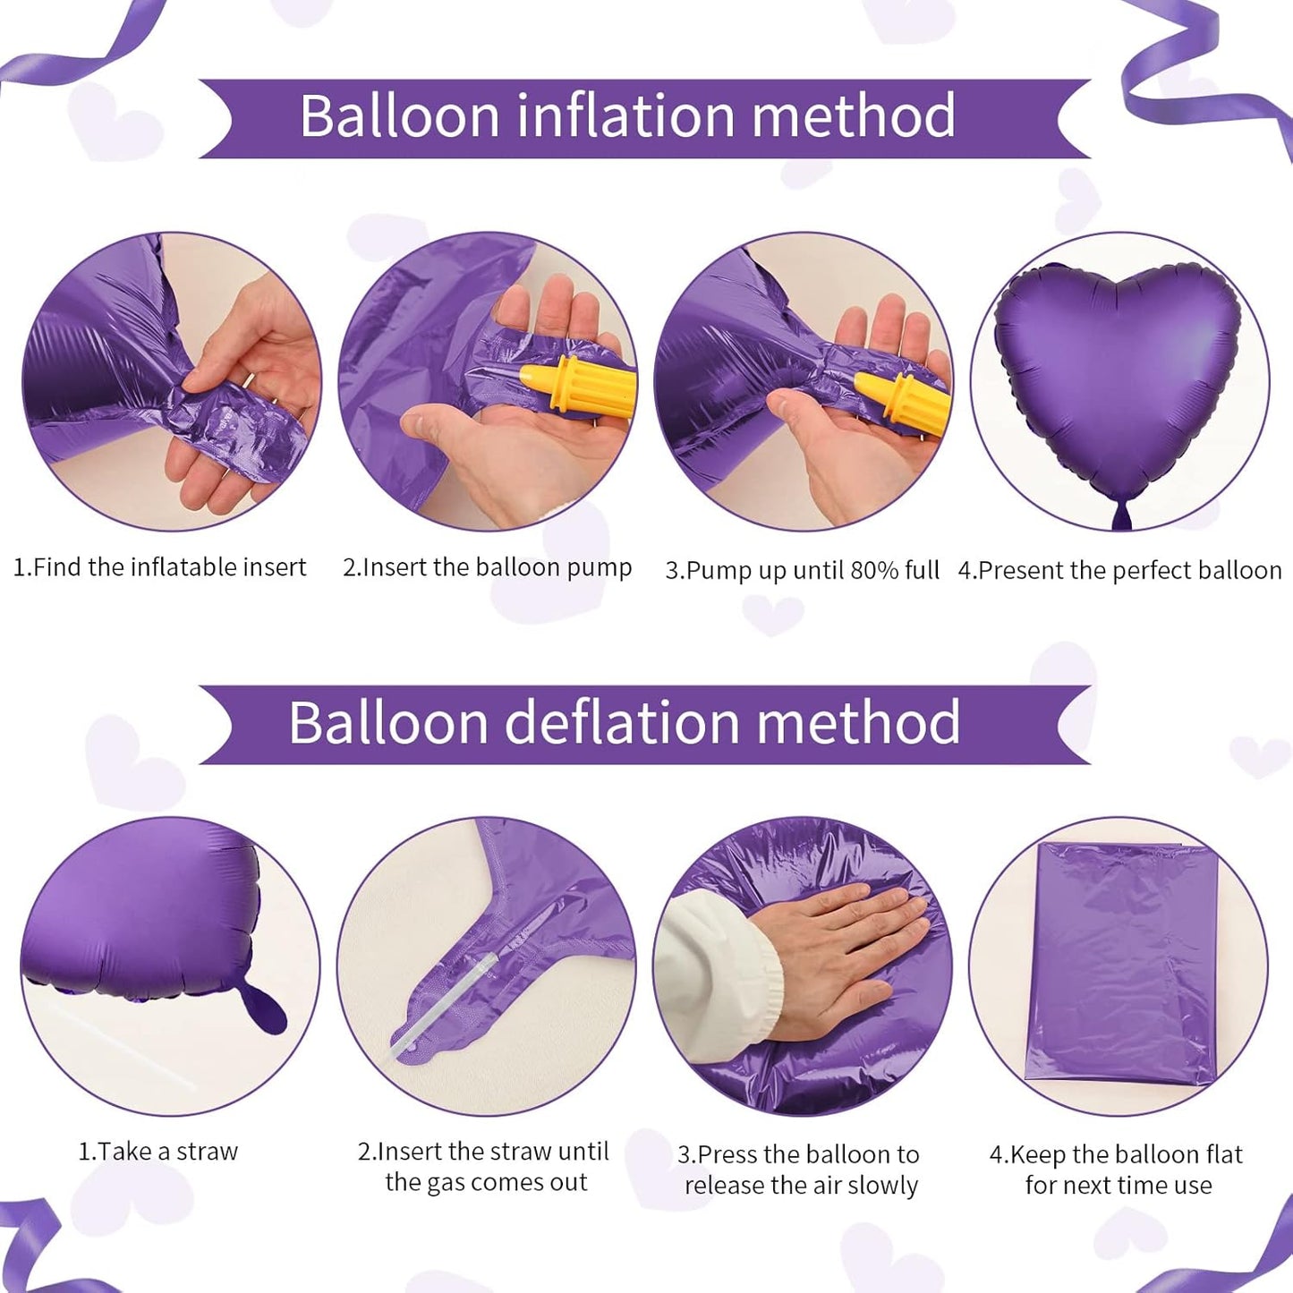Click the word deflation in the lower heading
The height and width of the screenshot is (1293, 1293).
(x=622, y=722)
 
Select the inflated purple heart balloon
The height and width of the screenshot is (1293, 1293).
(x=1119, y=376)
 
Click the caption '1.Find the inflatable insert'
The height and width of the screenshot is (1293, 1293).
(x=159, y=567)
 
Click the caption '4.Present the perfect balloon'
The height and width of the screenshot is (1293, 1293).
(x=1119, y=571)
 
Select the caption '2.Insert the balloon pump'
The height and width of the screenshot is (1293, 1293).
(x=487, y=567)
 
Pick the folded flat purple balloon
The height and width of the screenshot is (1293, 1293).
(x=1119, y=962)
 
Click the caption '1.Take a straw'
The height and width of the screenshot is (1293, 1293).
(x=158, y=1152)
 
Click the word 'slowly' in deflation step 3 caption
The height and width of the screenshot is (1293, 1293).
(x=882, y=1186)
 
